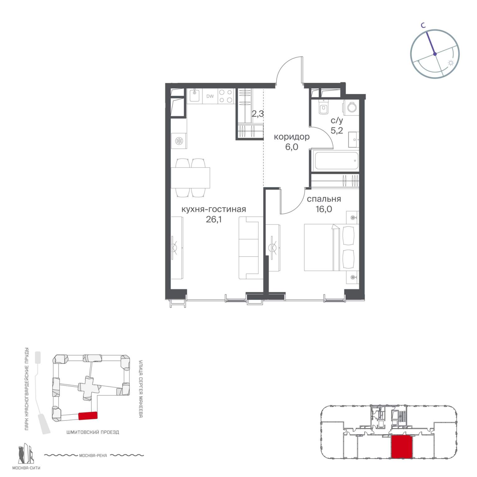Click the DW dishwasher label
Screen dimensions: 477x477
pyautogui.click(x=210, y=96)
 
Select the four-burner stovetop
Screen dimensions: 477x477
pyautogui.click(x=226, y=96)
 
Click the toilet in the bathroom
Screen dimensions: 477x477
pyautogui.click(x=323, y=107)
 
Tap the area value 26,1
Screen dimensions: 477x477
pyautogui.click(x=214, y=220)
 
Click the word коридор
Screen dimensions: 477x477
pyautogui.click(x=292, y=137)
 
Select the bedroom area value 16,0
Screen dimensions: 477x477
pyautogui.click(x=324, y=209)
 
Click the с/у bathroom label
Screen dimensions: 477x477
pyautogui.click(x=337, y=120)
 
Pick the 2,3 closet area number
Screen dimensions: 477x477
pyautogui.click(x=258, y=114)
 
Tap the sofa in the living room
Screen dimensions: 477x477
pyautogui.click(x=249, y=248)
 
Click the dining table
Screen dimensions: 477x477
pyautogui.click(x=190, y=178)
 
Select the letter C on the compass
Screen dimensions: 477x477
pyautogui.click(x=423, y=26)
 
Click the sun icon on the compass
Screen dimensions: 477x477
pyautogui.click(x=451, y=63)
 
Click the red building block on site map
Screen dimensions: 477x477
pyautogui.click(x=88, y=416)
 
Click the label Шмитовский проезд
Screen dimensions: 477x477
pyautogui.click(x=93, y=432)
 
